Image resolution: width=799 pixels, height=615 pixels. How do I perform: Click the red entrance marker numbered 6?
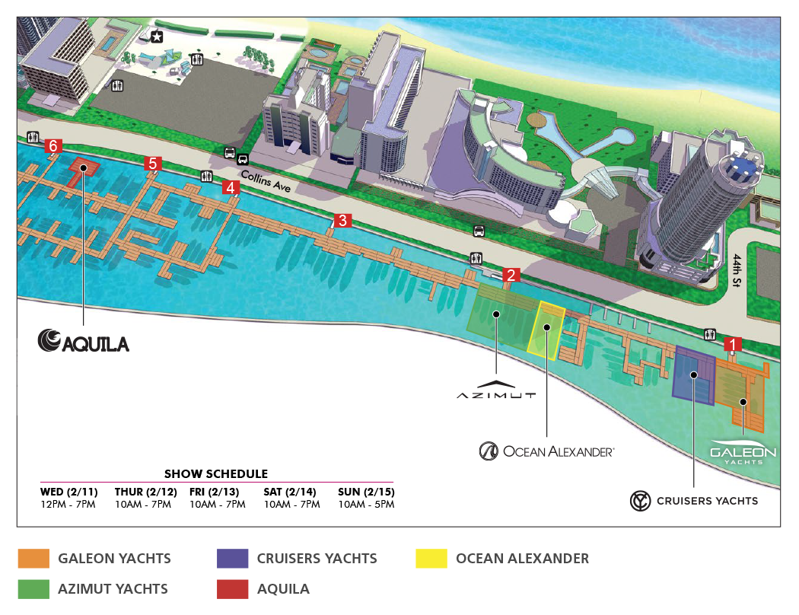[x=53, y=145]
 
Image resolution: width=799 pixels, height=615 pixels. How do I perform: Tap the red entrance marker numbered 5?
[x=153, y=164]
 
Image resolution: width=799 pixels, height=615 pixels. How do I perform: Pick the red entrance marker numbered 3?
[x=342, y=221]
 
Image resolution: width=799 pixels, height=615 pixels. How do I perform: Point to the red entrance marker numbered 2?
[x=511, y=275]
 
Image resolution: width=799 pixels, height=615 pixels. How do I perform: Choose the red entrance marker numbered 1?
[x=733, y=344]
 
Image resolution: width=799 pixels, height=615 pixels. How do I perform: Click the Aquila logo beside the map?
[x=84, y=342]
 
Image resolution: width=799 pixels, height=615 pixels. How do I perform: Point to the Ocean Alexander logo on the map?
[x=546, y=451]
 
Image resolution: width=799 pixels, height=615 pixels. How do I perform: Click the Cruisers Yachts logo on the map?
[x=694, y=501]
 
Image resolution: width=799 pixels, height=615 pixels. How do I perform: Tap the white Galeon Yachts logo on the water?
[x=743, y=452]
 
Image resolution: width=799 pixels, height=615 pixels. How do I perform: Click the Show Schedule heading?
[x=216, y=473]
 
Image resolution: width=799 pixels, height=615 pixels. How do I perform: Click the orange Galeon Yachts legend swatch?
[x=34, y=559]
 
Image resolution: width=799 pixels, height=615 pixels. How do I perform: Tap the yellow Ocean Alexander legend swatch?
[x=431, y=559]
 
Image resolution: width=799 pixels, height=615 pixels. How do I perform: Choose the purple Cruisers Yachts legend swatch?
[x=232, y=559]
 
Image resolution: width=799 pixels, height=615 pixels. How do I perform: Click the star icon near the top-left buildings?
[x=157, y=37]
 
